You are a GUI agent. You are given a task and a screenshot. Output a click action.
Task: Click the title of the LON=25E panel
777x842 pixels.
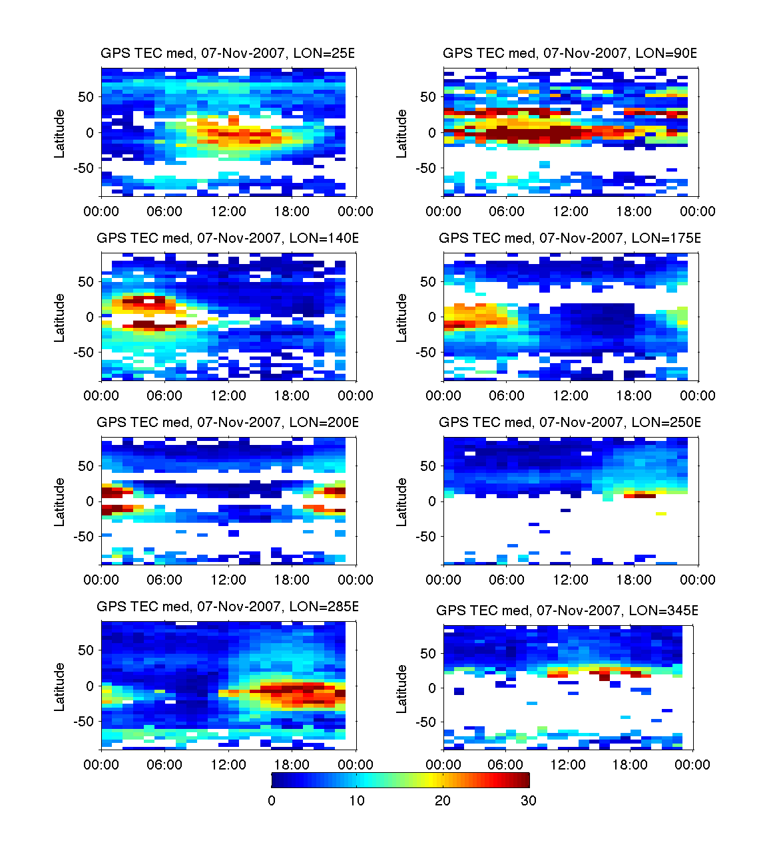click(228, 53)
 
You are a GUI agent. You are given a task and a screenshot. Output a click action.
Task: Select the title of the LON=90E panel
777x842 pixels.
click(570, 53)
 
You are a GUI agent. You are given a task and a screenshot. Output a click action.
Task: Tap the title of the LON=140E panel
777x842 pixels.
click(228, 238)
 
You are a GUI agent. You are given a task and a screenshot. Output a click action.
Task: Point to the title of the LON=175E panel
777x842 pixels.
click(570, 238)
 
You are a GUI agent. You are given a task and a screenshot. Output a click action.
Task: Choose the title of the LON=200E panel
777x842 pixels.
click(228, 422)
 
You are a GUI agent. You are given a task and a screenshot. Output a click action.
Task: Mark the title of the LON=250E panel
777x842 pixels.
click(570, 422)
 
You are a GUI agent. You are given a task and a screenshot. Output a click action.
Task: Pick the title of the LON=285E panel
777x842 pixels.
click(228, 607)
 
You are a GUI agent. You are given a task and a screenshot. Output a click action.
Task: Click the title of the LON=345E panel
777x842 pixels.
click(567, 611)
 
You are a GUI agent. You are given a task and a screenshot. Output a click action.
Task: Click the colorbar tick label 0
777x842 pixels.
click(272, 801)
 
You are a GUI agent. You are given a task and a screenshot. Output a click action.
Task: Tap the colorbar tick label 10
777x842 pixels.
click(357, 801)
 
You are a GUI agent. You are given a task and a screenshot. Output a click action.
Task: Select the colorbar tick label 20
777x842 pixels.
click(443, 801)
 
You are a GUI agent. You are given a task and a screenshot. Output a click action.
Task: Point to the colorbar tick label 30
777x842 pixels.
click(529, 801)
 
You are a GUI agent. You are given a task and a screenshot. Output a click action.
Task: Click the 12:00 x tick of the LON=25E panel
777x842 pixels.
click(228, 211)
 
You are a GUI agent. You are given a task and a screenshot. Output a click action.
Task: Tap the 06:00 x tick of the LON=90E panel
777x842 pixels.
click(507, 211)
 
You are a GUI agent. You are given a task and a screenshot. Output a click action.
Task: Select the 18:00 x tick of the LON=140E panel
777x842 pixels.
click(292, 396)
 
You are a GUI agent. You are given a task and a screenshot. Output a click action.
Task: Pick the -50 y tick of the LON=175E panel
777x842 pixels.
click(425, 352)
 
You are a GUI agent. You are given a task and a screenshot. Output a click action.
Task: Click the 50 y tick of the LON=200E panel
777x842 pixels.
click(86, 466)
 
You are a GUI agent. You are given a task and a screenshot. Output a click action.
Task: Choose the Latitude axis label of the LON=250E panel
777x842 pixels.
click(401, 501)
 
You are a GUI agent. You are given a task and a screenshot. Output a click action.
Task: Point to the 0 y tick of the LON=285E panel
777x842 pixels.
click(90, 686)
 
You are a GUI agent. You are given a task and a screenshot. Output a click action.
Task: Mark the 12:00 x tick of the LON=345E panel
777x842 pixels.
click(568, 765)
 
